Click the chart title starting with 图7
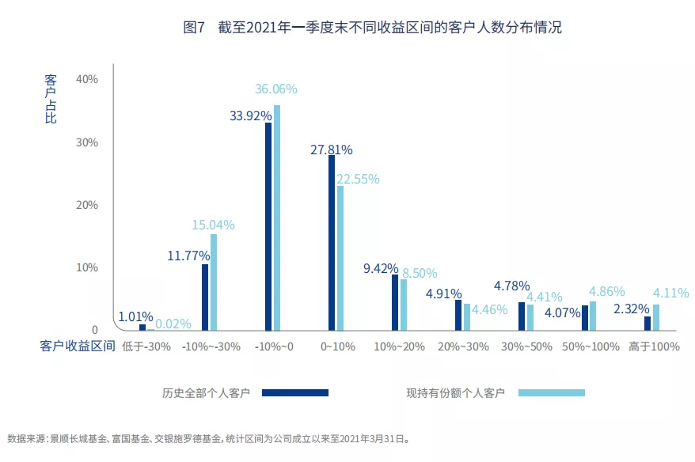click(x=372, y=28)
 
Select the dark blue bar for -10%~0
click(x=268, y=226)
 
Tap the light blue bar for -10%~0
click(x=277, y=218)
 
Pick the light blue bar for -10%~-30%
click(x=214, y=282)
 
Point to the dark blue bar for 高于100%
click(x=648, y=323)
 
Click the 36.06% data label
click(x=275, y=89)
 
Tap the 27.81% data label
click(x=331, y=150)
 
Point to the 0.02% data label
click(x=173, y=324)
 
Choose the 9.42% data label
click(x=381, y=269)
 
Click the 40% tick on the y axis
click(x=86, y=79)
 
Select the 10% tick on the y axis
click(x=86, y=267)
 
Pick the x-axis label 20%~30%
click(x=461, y=346)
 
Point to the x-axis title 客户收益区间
click(x=78, y=346)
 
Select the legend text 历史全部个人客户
click(x=207, y=392)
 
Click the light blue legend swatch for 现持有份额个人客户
click(x=552, y=392)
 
